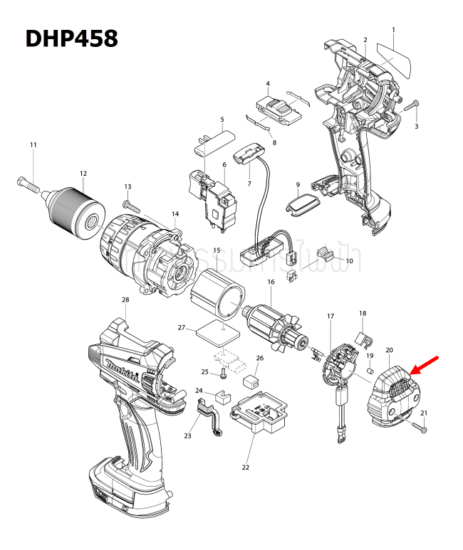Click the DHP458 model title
point(71,38)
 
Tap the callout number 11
point(33,145)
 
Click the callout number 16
point(271,282)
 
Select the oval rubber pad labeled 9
point(298,206)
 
